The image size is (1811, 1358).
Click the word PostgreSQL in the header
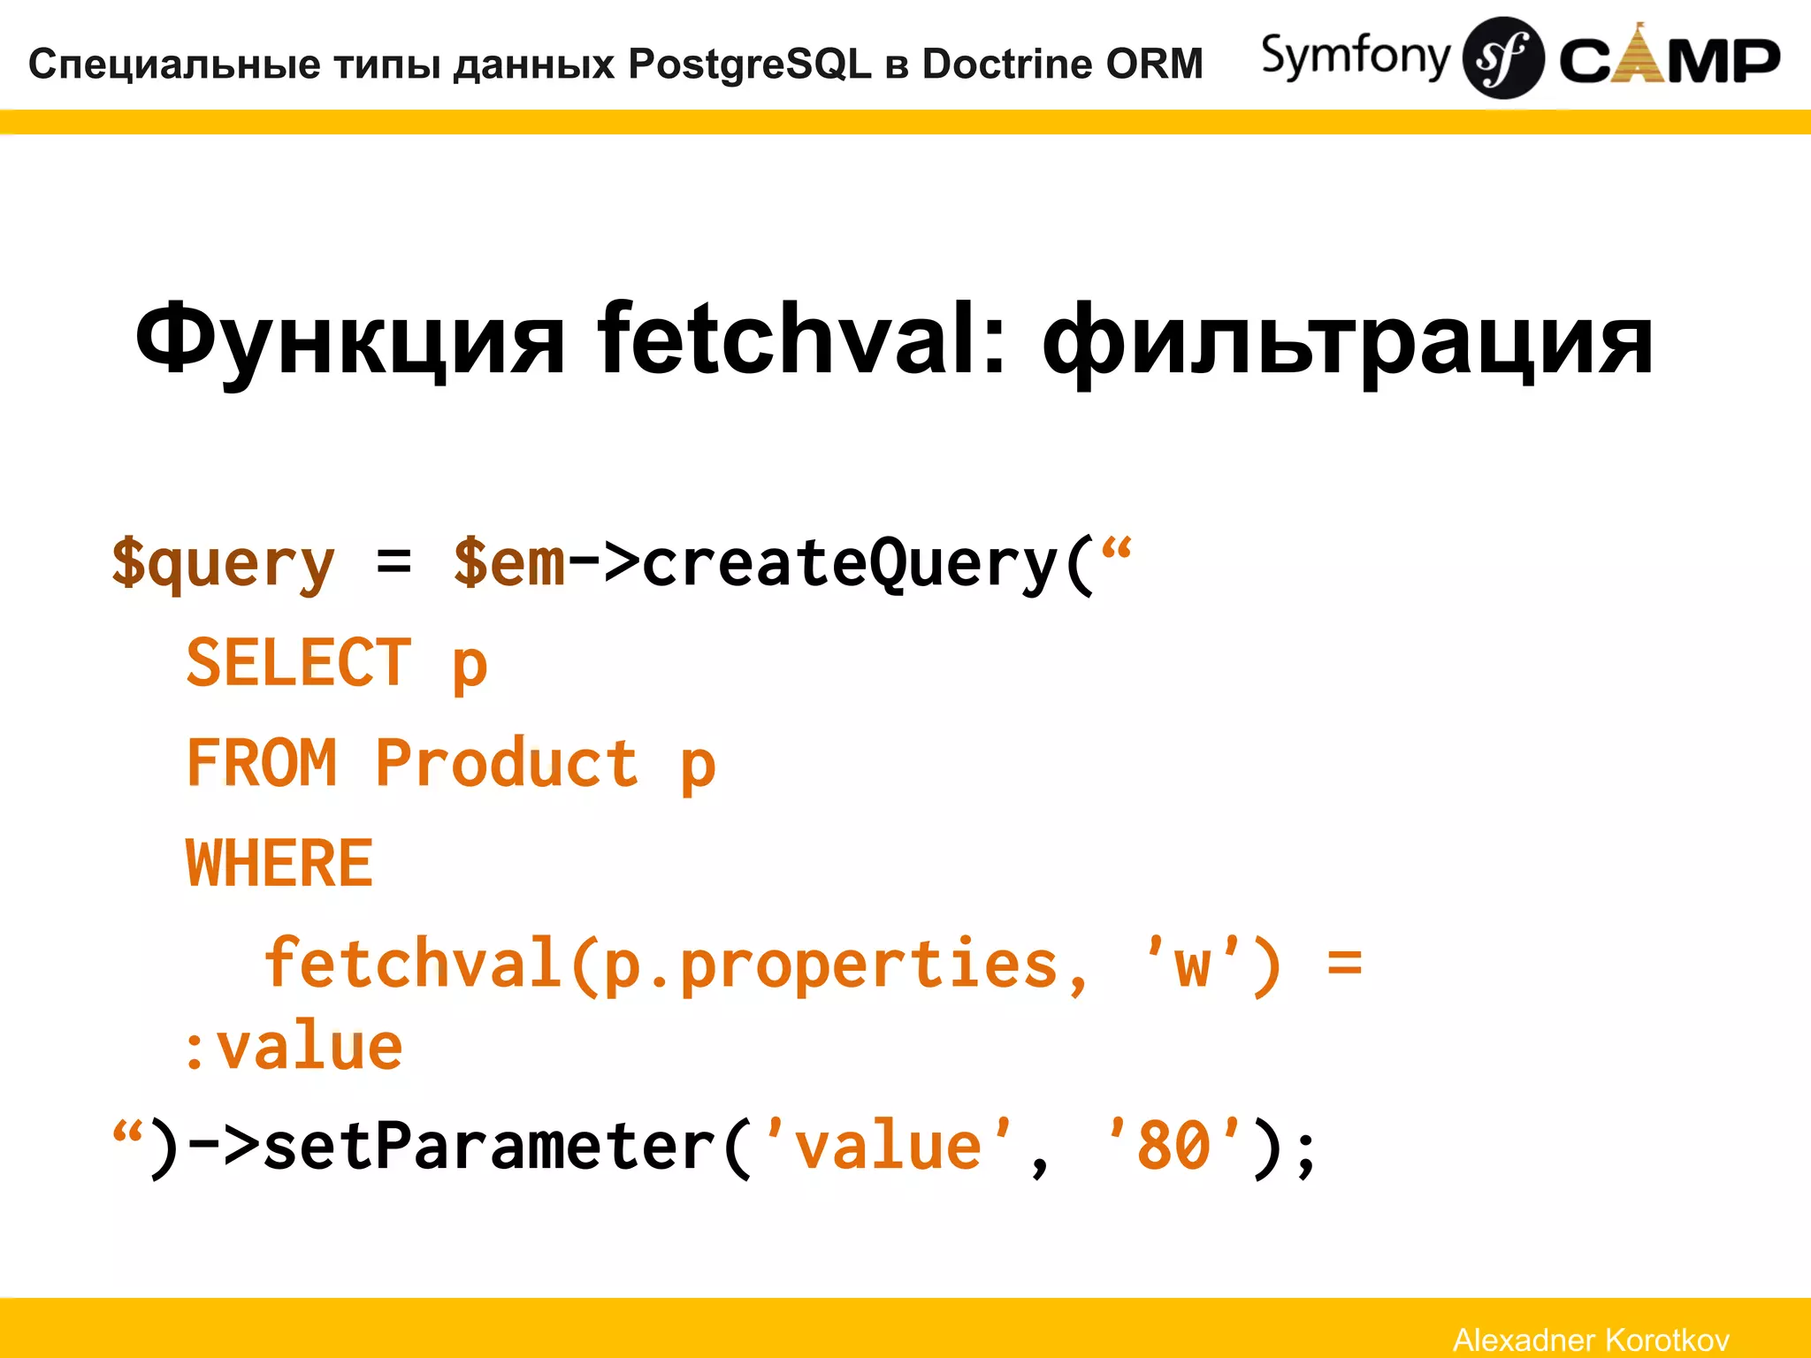point(750,65)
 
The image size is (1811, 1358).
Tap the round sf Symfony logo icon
point(1502,58)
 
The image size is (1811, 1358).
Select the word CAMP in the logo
point(1670,60)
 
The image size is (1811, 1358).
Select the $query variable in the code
point(223,563)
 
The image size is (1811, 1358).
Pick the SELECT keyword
point(299,662)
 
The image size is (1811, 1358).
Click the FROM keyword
point(262,762)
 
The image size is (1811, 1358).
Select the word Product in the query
point(506,762)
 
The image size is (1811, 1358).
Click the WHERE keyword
point(279,864)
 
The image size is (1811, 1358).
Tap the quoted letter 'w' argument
point(1192,964)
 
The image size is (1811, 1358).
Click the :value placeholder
point(293,1049)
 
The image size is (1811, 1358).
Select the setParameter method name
point(489,1147)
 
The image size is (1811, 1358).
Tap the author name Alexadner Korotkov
point(1591,1339)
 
